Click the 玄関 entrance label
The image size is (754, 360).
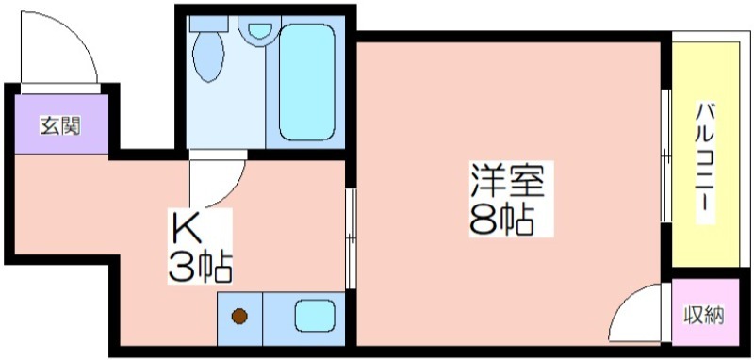coord(59,126)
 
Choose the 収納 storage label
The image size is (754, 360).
coord(705,316)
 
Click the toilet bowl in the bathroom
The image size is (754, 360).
coord(208,57)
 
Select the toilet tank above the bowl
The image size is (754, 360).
coord(208,23)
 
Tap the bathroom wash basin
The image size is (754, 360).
coord(260,31)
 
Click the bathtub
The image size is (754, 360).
coord(307,82)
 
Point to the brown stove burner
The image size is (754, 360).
coord(239,316)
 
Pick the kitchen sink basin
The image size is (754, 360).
coord(315,316)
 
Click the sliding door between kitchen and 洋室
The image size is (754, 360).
coord(350,237)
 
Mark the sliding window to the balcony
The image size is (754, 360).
coord(666,155)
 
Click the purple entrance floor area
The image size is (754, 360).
coord(61,124)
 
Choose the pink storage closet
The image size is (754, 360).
coord(705,311)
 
